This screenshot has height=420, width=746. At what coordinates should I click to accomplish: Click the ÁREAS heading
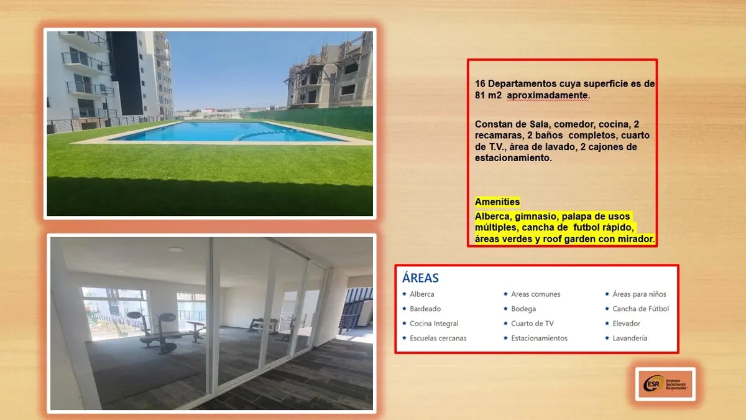click(420, 278)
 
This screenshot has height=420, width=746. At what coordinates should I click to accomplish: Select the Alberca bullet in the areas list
click(421, 294)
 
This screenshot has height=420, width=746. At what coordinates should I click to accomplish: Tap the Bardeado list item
click(425, 309)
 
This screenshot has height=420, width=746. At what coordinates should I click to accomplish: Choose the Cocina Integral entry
click(434, 324)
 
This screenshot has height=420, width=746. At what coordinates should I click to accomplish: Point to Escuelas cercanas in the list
click(438, 338)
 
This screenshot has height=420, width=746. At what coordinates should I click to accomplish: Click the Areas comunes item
click(535, 294)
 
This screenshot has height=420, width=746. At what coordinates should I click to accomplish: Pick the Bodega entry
click(523, 309)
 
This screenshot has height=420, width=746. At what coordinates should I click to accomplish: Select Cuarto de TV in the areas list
click(532, 324)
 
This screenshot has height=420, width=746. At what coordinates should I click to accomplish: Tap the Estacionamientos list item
click(539, 338)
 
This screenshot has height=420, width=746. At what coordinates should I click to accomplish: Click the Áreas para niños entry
click(640, 294)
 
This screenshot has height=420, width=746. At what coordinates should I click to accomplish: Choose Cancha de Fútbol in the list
click(641, 309)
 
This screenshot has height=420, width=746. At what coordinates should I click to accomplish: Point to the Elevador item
click(627, 324)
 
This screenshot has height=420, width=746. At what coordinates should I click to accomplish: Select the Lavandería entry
click(630, 338)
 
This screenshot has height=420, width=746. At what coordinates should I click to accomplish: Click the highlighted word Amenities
click(497, 202)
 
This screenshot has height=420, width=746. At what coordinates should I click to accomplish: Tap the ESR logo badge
click(665, 384)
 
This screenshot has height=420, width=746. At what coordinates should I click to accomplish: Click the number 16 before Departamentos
click(480, 83)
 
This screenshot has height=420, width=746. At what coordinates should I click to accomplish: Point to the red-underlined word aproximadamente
click(548, 95)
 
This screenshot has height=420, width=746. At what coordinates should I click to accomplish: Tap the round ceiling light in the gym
click(176, 250)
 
